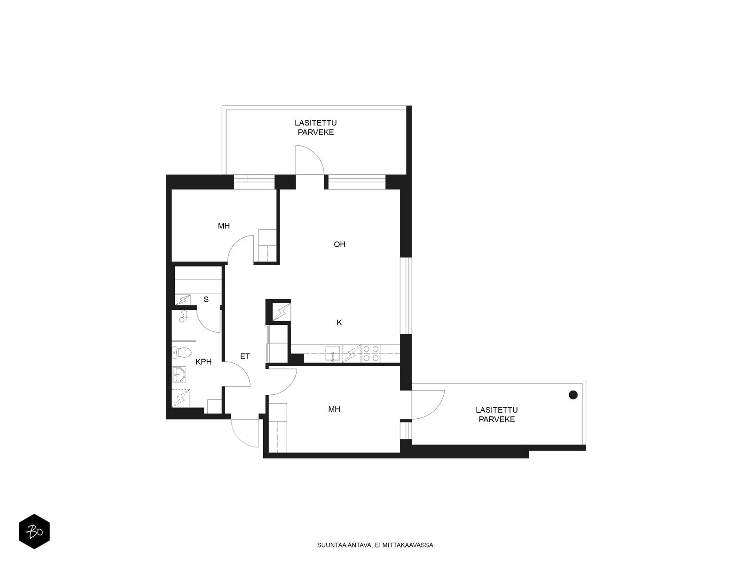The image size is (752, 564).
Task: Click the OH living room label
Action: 339,244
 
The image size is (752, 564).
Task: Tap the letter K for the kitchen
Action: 339,322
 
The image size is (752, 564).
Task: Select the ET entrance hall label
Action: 244,356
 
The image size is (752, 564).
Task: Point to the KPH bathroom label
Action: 203,361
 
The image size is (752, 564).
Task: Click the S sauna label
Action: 206,299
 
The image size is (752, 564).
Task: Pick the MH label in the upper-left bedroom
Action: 224,226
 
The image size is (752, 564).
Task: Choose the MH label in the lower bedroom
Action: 334,409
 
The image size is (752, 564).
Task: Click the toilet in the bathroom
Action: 181,352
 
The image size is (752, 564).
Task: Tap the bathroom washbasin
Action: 179,374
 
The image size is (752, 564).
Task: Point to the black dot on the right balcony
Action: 573,395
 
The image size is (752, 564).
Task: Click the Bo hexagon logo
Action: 34,532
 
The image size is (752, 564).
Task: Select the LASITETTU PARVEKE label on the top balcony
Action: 315,127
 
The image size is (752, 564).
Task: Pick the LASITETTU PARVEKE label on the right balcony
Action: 497,415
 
